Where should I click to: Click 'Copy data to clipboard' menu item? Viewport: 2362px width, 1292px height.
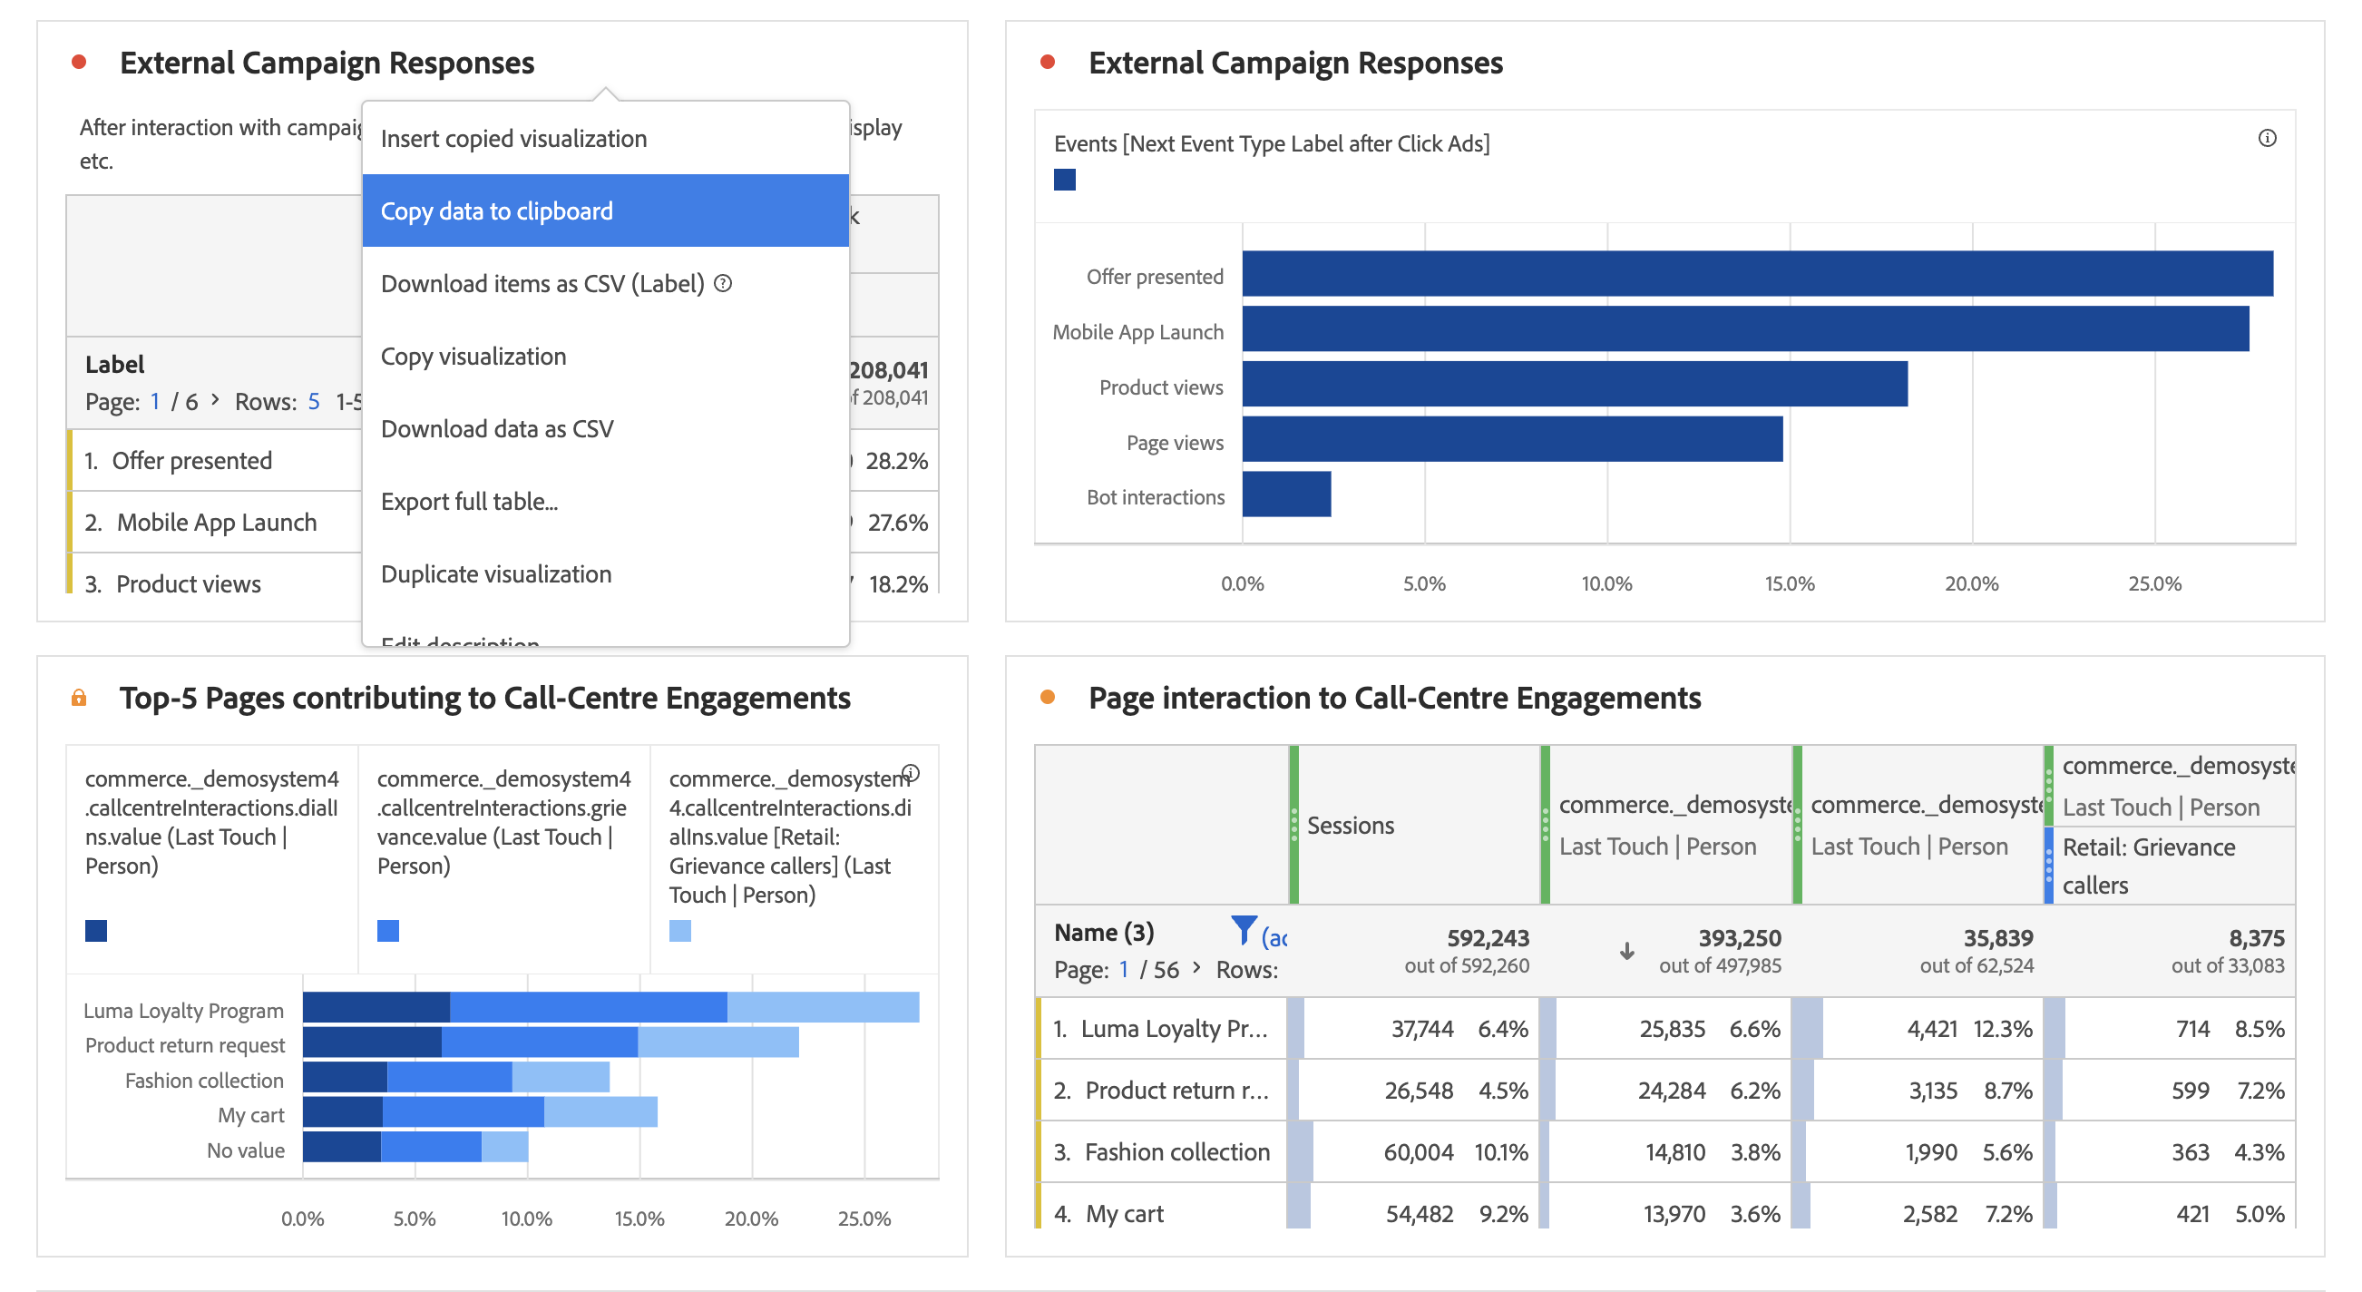click(x=496, y=210)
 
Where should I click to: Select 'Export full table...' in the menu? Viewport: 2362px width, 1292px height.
click(x=469, y=502)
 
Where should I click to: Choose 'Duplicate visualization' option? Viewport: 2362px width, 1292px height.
click(x=495, y=574)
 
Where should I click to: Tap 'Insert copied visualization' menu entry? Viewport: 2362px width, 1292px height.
click(x=513, y=139)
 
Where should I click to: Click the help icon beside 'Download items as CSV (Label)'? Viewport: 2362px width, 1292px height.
click(x=723, y=283)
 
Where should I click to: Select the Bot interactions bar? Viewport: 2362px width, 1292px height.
click(x=1285, y=494)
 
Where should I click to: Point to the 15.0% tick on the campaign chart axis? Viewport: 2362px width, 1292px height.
click(x=1789, y=583)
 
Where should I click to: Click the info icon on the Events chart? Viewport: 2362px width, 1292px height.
click(x=2267, y=139)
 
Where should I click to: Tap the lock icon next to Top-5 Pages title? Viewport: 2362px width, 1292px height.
click(x=79, y=698)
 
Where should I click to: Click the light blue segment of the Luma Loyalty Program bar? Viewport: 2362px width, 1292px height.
click(x=823, y=1007)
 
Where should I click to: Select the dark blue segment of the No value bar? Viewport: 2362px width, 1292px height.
click(x=341, y=1147)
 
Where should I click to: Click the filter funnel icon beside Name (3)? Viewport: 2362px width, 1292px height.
click(x=1244, y=930)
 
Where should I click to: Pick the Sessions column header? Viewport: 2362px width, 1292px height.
click(x=1350, y=826)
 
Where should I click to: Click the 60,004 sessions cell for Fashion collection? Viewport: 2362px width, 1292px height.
click(x=1418, y=1151)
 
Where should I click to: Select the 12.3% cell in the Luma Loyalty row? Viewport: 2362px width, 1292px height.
click(x=2002, y=1029)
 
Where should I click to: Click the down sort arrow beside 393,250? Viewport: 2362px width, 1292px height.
click(x=1626, y=951)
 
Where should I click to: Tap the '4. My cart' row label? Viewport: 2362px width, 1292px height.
click(x=1108, y=1214)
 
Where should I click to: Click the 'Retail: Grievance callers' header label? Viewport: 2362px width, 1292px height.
click(x=2147, y=866)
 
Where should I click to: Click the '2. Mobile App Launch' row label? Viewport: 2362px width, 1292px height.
click(x=200, y=523)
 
